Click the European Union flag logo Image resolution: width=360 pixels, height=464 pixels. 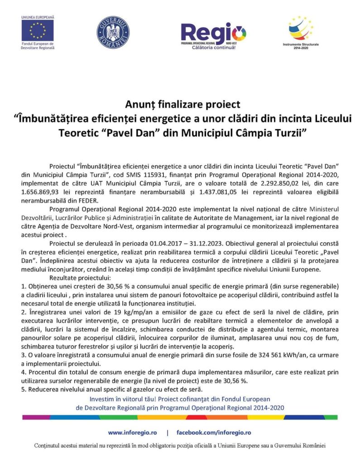coord(37,30)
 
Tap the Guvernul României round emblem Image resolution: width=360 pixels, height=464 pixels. coord(113,33)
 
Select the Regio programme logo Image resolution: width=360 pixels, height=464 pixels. coord(213,33)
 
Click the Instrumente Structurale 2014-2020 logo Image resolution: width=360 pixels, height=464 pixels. coord(301,29)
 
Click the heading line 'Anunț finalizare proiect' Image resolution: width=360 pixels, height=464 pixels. coord(180,105)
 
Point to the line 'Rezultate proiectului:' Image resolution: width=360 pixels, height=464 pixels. coord(77,278)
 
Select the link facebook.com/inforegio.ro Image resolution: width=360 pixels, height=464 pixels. coord(213,433)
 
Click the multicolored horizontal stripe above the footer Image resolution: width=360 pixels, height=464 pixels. coord(180,416)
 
